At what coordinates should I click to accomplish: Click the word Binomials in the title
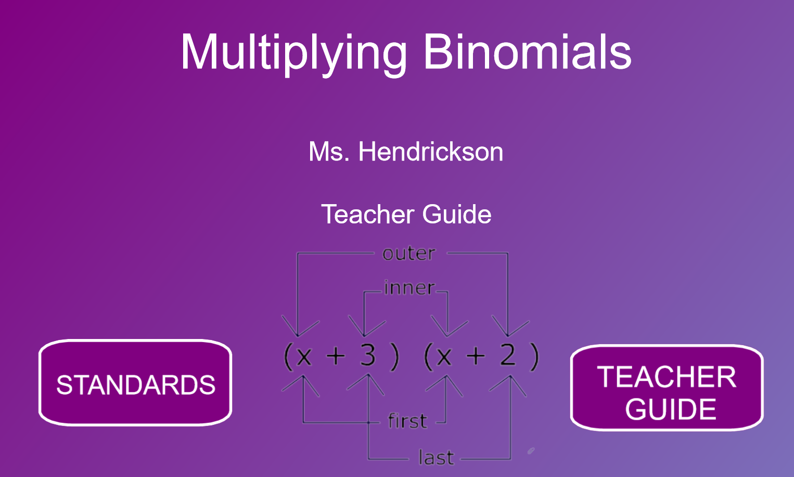point(528,52)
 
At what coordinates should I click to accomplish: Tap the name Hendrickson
point(431,152)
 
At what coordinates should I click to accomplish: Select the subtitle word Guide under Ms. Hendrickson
point(457,214)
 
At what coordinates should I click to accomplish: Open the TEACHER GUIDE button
point(667,387)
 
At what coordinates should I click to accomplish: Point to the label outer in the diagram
point(408,254)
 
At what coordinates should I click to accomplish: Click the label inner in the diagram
point(409,287)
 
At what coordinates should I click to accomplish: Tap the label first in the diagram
point(407,421)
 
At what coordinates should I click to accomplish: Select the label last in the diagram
point(436,457)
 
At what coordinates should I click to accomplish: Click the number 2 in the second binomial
point(508,355)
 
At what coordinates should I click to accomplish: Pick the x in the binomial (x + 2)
point(444,356)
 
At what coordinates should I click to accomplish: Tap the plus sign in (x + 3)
point(336,356)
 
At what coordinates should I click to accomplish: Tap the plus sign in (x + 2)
point(476,356)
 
